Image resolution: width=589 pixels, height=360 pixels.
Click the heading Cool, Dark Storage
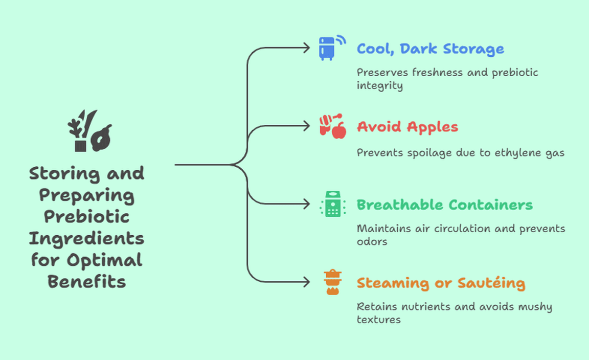[430, 49]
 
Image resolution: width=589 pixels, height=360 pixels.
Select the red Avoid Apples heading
[407, 127]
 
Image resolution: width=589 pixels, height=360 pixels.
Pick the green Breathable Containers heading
[444, 205]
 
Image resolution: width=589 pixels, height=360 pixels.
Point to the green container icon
[332, 204]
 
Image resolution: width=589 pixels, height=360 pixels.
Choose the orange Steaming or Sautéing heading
[441, 283]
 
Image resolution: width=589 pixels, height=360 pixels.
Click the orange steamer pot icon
[332, 282]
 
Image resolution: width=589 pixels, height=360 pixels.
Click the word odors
[372, 241]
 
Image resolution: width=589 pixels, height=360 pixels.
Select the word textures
[378, 320]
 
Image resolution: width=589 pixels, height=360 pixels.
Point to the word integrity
[379, 85]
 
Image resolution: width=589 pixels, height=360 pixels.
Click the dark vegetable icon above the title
[89, 131]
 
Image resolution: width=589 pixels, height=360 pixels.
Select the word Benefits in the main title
[86, 282]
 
